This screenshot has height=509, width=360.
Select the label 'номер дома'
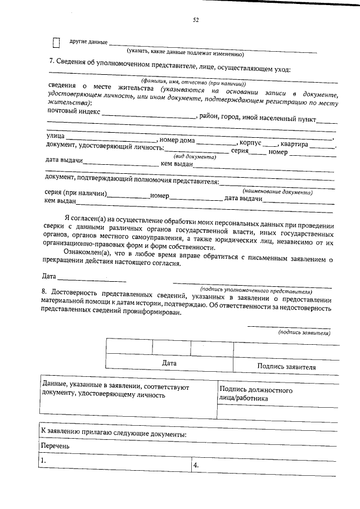[178, 141]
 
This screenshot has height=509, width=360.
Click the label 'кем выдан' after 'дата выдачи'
[177, 164]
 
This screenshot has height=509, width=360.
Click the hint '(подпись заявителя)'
[304, 333]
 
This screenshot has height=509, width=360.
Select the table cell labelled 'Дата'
[169, 363]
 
